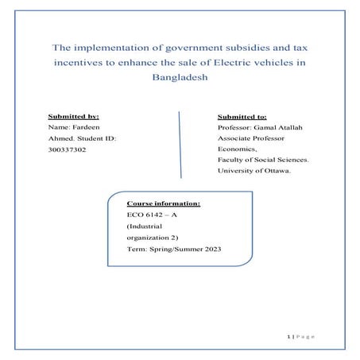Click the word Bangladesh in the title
tap(179, 79)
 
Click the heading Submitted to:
tap(242, 116)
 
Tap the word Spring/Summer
tap(171, 249)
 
